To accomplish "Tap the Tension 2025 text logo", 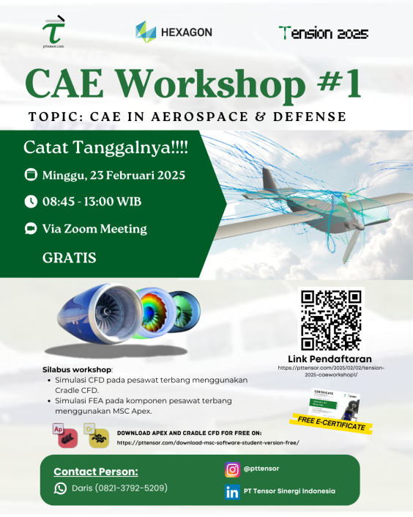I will click(x=323, y=33).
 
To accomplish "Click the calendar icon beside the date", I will click(x=31, y=175).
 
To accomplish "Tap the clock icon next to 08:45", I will click(x=31, y=201).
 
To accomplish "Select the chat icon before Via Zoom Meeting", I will click(x=31, y=228).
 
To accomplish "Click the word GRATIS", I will click(x=70, y=257).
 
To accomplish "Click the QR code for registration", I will click(x=332, y=320).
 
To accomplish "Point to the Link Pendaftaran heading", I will click(x=331, y=359).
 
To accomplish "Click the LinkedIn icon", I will click(x=233, y=491).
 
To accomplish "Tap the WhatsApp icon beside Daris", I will click(x=60, y=488).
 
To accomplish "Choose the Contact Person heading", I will click(x=95, y=472).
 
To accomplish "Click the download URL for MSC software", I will click(x=208, y=443).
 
